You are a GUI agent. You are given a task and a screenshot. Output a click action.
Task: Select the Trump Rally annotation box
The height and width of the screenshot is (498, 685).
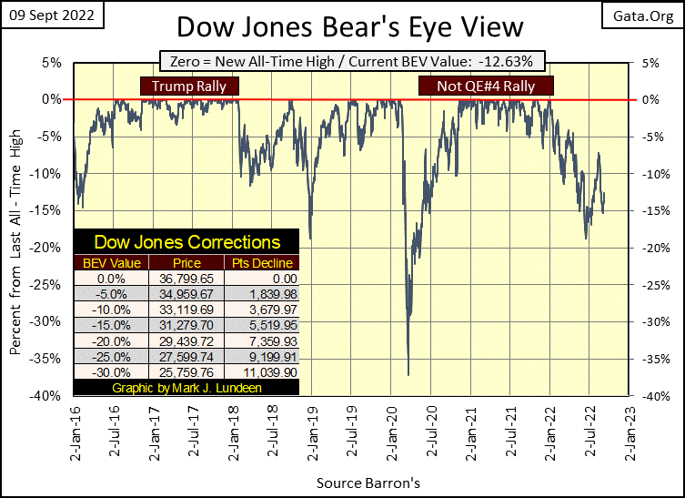[188, 86]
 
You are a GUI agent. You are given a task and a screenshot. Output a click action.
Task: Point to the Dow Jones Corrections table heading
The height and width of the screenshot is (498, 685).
[188, 242]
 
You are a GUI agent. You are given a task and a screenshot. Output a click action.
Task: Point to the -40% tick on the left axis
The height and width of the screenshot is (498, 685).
[48, 396]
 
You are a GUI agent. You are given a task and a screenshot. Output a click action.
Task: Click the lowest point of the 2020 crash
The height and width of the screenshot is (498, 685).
[408, 374]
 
